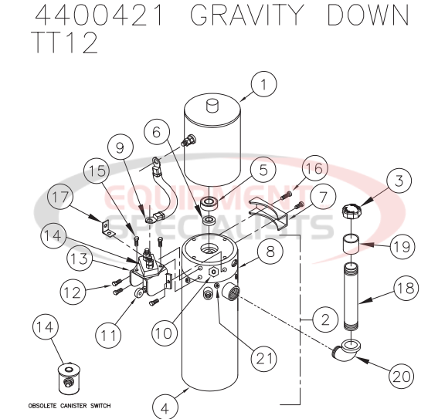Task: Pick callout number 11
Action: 110,334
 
